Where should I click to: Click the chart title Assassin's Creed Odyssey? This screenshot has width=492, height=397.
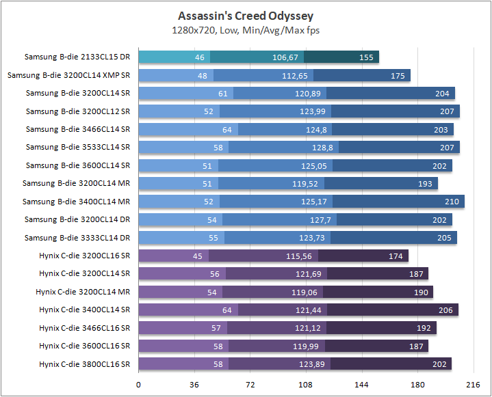246,16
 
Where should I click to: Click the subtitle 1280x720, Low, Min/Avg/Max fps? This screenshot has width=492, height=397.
246,30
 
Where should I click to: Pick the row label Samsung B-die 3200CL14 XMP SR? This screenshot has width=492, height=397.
68,75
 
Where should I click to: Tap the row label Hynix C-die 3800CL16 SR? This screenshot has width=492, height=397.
84,364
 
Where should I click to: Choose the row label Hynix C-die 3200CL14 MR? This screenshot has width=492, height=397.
83,292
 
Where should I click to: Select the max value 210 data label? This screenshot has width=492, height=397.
452,202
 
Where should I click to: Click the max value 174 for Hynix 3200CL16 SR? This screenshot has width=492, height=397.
396,256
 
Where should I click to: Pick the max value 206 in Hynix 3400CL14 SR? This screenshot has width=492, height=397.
445,310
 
